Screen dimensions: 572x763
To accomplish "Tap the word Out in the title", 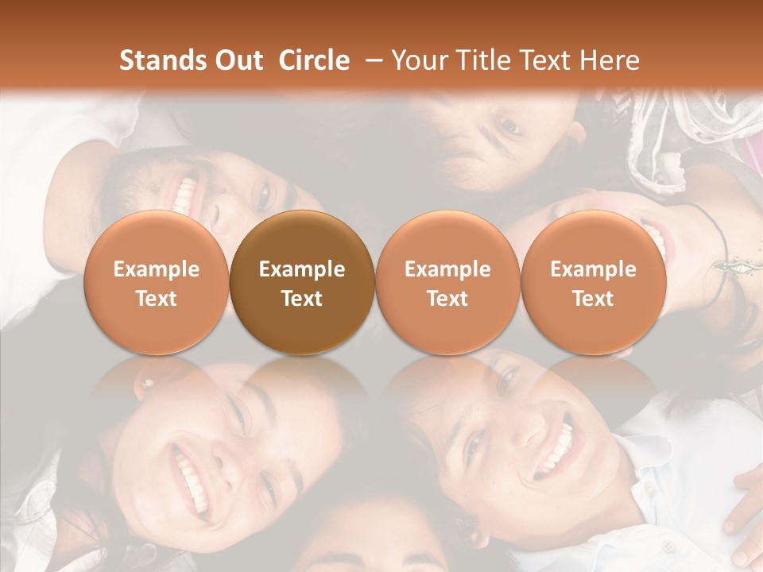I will [x=237, y=60].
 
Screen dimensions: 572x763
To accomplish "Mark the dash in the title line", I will [x=370, y=61].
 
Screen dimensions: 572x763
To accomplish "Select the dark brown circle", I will [x=302, y=283].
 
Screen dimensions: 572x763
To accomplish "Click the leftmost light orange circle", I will [x=157, y=283].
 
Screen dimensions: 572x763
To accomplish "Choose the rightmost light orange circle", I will [x=593, y=283].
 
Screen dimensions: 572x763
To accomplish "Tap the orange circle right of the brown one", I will [x=447, y=283].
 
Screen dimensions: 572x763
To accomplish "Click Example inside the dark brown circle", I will [x=302, y=269].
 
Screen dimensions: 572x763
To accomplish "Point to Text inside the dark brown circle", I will [x=302, y=299].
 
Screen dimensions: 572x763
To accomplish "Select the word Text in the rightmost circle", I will [x=593, y=299].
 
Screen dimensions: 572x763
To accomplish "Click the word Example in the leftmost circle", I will [x=157, y=269].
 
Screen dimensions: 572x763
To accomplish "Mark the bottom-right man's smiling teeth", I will [x=556, y=449].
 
